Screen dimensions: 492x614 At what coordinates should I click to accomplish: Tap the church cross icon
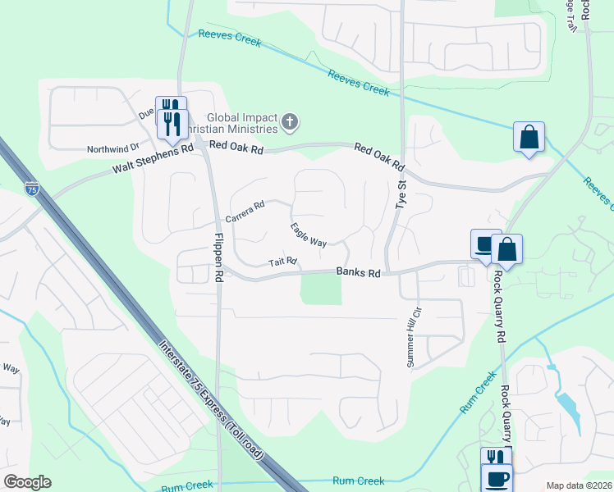(x=289, y=123)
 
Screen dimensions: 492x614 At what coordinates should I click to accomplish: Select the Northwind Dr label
(x=114, y=150)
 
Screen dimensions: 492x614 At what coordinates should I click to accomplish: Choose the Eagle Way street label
(x=309, y=235)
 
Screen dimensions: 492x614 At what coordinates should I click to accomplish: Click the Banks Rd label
(x=358, y=273)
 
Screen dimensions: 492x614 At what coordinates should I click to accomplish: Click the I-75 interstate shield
(x=31, y=187)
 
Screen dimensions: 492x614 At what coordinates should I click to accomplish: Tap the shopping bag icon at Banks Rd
(x=506, y=249)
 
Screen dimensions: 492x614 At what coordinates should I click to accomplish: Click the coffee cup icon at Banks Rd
(x=485, y=244)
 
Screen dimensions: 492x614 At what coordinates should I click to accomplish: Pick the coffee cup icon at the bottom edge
(x=497, y=478)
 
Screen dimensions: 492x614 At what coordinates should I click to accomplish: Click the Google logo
(x=27, y=482)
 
